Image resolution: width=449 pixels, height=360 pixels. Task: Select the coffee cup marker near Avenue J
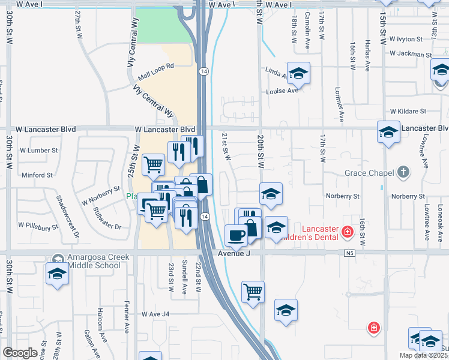(x=235, y=235)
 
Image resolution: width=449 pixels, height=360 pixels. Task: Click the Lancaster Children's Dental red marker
(x=346, y=231)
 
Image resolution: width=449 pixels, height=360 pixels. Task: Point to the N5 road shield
(x=350, y=254)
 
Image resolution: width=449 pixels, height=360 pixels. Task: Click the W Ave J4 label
(x=156, y=314)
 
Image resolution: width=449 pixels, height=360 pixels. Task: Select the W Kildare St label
(x=408, y=111)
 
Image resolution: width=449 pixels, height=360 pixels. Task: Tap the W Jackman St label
(x=411, y=54)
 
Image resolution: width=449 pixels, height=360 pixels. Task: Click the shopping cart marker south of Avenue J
(x=253, y=292)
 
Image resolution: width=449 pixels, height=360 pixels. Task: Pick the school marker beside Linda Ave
(x=298, y=73)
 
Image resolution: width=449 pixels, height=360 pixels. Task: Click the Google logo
(x=19, y=353)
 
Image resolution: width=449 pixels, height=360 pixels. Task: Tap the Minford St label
(x=37, y=175)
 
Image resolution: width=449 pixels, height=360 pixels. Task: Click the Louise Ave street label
(x=283, y=91)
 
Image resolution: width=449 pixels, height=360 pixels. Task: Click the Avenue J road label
(x=233, y=254)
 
